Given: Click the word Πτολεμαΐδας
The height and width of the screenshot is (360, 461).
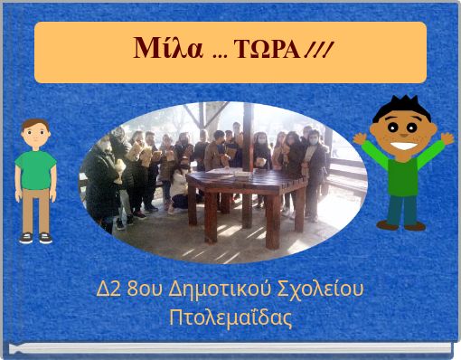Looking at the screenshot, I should click(231, 318).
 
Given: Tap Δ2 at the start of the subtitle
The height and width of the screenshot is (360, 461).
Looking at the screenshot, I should click(109, 291).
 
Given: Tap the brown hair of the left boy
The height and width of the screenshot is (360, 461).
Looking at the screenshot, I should click(36, 125).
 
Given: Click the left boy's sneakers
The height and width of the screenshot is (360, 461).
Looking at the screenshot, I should click(36, 238).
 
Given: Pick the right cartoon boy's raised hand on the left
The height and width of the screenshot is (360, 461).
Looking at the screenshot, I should click(360, 138).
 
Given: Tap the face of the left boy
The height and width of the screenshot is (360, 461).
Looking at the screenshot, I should click(36, 137).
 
